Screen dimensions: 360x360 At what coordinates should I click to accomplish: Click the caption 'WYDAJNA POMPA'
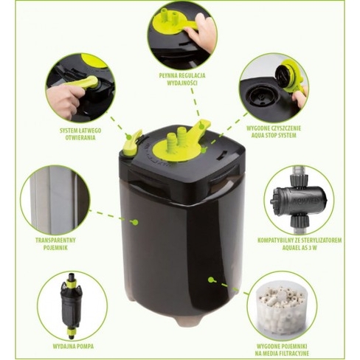click(72, 345)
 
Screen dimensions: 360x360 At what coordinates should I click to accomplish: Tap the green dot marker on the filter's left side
click(134, 221)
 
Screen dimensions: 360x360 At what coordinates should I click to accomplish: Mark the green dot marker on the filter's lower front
click(211, 280)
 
